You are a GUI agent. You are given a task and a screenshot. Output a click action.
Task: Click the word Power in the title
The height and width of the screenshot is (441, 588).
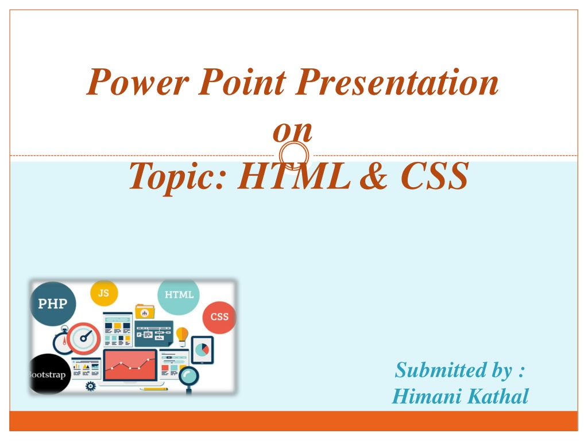pos(137,82)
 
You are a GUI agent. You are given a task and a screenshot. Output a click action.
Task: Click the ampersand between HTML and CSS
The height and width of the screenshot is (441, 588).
pos(373,176)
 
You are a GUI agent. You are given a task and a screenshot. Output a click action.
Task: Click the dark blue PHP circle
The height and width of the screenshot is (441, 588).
pos(53,303)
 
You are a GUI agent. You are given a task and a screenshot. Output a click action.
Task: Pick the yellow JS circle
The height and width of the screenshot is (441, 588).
pos(104,293)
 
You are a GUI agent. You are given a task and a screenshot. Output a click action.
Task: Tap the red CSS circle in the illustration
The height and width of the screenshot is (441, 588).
pos(219,317)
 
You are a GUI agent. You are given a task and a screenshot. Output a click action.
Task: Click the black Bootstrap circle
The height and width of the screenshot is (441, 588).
pos(49,374)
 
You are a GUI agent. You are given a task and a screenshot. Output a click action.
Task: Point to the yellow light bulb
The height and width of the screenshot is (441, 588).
pos(182,336)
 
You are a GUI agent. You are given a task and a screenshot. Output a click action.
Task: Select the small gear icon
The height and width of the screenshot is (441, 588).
pos(91,386)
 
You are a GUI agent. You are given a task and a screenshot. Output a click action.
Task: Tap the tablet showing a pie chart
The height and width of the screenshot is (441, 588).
pos(203,350)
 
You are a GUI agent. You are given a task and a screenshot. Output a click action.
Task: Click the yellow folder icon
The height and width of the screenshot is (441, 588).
pos(145,312)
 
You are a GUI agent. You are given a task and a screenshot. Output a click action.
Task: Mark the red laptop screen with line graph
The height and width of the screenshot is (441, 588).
pos(130,365)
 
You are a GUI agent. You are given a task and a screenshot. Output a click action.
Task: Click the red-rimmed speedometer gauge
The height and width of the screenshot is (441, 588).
pos(84,338)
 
